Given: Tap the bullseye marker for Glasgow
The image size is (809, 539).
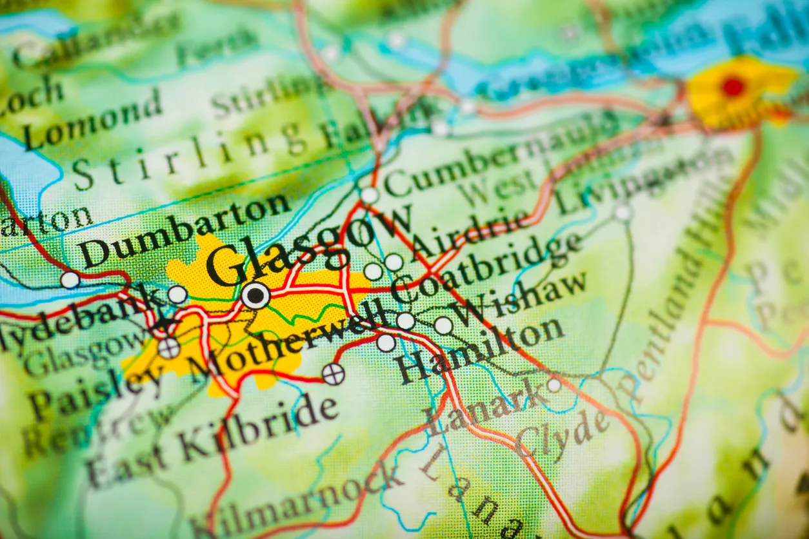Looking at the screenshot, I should tap(256, 295).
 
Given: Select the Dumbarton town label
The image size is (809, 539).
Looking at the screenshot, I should tap(185, 231).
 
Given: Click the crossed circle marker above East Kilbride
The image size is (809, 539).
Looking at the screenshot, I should tap(334, 374).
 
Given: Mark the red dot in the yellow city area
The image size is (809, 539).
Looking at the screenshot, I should tap(733, 86).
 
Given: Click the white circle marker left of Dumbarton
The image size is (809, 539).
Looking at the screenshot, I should tap(70, 280).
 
